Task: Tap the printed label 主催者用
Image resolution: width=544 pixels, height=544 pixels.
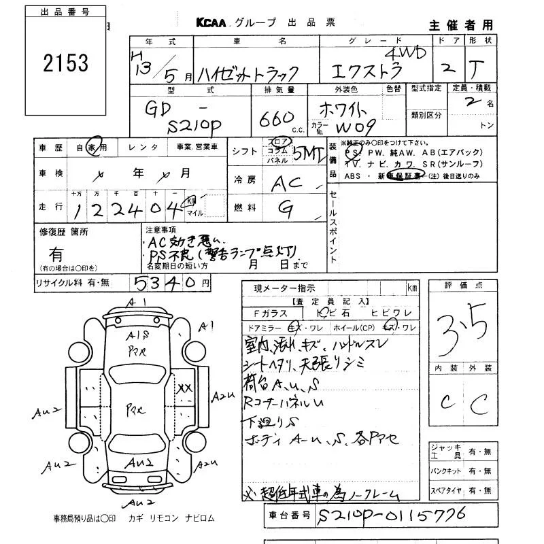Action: point(460,24)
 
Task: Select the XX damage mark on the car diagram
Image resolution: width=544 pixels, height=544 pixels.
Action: point(184,388)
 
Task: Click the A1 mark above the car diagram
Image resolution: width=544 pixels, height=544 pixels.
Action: point(138,303)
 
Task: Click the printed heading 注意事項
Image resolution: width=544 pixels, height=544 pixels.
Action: point(160,230)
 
